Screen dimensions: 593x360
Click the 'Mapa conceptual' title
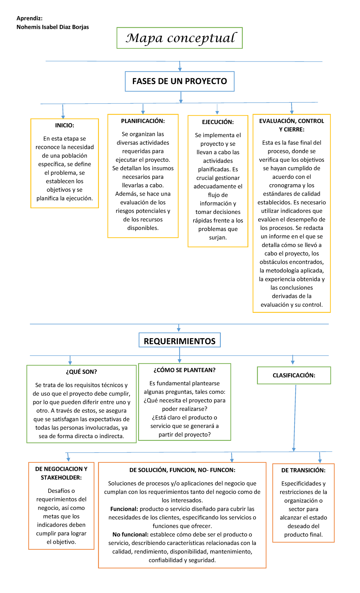(180, 38)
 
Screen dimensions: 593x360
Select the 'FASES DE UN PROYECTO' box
(179, 81)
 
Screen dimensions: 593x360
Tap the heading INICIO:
(64, 125)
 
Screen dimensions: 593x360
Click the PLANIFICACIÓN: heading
(143, 121)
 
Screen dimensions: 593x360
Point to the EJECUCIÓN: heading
(218, 122)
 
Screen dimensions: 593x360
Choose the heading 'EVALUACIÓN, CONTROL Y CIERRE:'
(292, 125)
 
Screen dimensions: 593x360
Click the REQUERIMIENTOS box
(179, 341)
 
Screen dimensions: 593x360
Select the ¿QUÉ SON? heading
(81, 372)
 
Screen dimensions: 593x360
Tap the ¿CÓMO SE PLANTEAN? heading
(184, 370)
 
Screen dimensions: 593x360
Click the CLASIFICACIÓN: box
(294, 375)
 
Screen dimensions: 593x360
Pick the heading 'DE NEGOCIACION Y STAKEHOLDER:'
(61, 473)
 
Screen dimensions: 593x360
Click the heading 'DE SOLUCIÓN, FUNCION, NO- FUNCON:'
(182, 470)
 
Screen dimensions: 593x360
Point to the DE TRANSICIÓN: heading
(303, 470)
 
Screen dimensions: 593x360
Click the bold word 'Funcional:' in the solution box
(124, 509)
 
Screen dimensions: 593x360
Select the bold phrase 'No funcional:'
(130, 534)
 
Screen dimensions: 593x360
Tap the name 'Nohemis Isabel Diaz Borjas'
(53, 27)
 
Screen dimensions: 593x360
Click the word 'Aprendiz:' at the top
(29, 18)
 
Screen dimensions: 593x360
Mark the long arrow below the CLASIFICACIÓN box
(295, 417)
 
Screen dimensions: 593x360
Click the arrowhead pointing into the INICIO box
(63, 116)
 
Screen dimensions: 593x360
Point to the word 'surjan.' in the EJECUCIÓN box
(218, 237)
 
